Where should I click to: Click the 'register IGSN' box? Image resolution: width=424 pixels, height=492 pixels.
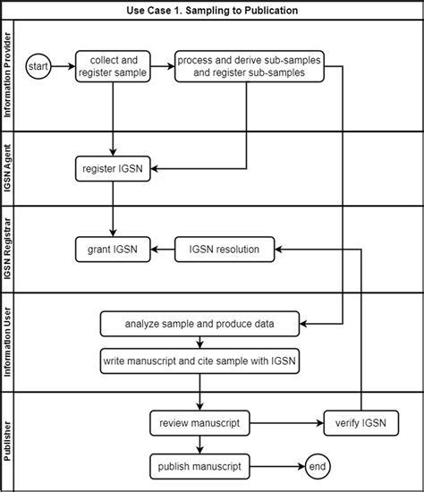(112, 167)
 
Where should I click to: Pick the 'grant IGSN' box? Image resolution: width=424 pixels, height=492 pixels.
(112, 250)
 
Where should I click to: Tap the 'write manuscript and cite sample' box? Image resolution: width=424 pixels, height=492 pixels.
(199, 361)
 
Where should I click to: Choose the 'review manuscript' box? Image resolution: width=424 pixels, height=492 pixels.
(199, 423)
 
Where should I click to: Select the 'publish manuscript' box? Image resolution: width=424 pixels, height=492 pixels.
(199, 465)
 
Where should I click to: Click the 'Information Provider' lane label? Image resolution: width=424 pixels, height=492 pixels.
(9, 76)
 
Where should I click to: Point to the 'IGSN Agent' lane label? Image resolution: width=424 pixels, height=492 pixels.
(9, 168)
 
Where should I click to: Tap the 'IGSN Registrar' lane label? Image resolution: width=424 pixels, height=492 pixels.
(9, 249)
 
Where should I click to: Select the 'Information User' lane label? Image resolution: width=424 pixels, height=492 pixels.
(9, 342)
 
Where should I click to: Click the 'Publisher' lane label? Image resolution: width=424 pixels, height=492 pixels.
(9, 441)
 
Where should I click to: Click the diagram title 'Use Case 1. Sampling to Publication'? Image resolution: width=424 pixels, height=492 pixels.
(212, 10)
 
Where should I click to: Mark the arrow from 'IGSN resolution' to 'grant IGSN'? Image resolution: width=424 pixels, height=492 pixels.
(165, 250)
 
